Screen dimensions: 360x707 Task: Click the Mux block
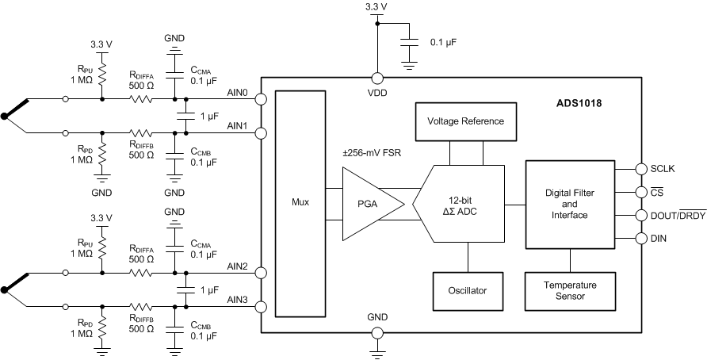[x=300, y=202]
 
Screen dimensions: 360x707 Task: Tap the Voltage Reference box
[x=464, y=121]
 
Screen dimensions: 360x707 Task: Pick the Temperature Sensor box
[x=570, y=290]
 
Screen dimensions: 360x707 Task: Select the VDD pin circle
[x=377, y=79]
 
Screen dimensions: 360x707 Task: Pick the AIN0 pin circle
[x=260, y=101]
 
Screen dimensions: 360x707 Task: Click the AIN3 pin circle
[x=260, y=307]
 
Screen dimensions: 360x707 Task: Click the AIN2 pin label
[x=237, y=266]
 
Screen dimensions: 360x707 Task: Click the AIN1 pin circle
[x=260, y=132]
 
